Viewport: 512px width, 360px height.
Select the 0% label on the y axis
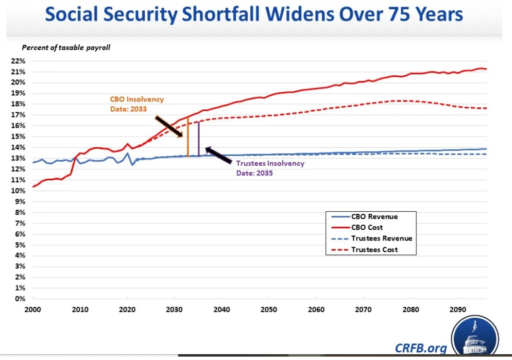click(20, 299)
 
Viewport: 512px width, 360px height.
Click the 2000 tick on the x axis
click(33, 309)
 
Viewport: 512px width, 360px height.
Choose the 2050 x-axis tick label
click(269, 309)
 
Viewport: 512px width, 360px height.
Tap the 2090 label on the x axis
click(458, 309)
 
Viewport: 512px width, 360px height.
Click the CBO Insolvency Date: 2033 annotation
click(137, 104)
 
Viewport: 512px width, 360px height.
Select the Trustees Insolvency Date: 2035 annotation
click(270, 168)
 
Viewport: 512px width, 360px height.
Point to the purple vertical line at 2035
click(199, 141)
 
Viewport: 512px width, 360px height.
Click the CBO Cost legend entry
click(367, 227)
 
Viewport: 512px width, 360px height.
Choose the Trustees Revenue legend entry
click(381, 238)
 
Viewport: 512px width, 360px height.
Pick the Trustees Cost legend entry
click(375, 249)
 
